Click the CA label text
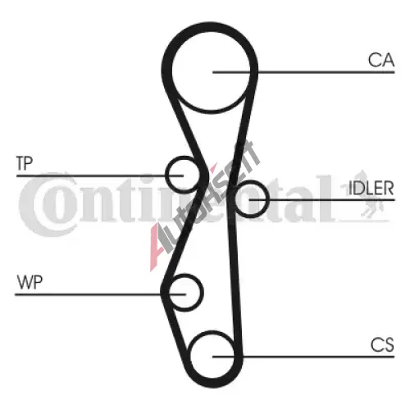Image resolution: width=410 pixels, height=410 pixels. (381, 60)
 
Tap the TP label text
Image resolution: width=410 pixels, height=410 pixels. (25, 163)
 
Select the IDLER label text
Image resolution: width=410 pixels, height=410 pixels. (371, 188)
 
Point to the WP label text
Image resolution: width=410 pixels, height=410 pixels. (30, 282)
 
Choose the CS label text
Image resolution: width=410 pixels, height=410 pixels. (382, 344)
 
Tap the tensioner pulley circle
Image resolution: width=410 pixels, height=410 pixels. (167, 175)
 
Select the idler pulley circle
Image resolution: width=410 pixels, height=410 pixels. (267, 198)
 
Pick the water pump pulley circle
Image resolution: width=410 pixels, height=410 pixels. (202, 292)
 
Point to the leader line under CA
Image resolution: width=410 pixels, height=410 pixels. (303, 72)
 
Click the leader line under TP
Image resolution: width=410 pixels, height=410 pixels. (100, 175)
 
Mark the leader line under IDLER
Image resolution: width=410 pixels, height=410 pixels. (322, 200)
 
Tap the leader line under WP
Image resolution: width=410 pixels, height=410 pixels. (100, 294)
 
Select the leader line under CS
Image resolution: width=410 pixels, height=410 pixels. (303, 357)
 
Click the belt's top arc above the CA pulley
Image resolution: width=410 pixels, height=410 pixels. (210, 26)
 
